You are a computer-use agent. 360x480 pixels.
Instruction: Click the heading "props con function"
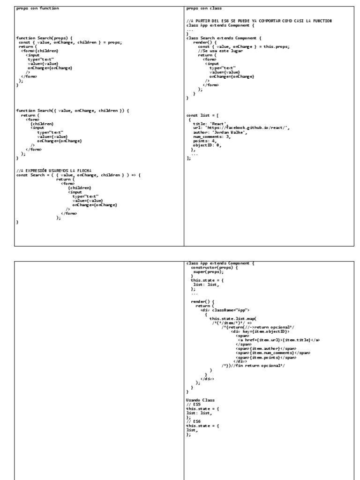37,8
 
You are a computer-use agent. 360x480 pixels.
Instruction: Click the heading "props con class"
204,8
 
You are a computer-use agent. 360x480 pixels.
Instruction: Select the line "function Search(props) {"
45,37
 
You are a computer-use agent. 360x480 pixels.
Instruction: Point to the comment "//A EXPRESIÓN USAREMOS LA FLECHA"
54,170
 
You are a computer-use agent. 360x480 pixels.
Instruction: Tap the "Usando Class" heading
200,400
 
